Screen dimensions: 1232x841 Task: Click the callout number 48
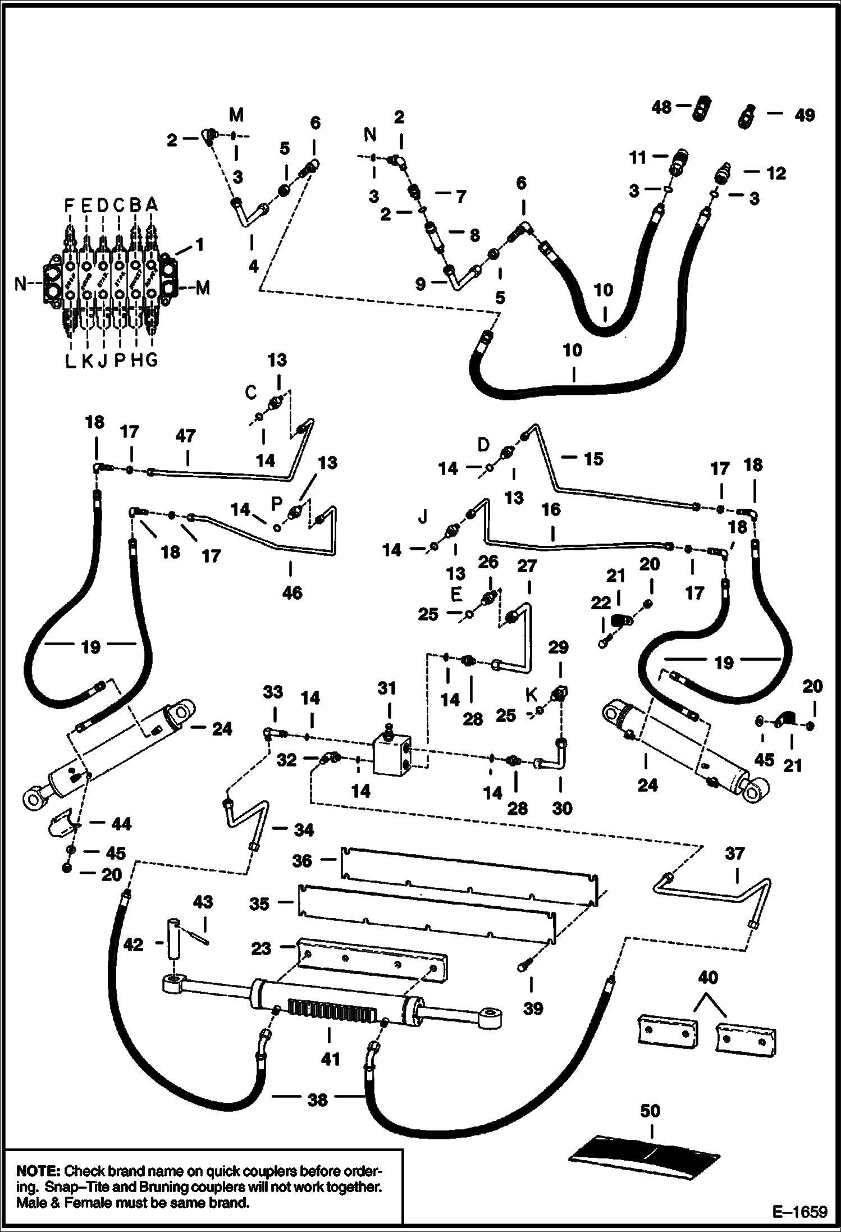[662, 107]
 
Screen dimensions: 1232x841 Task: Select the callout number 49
[805, 115]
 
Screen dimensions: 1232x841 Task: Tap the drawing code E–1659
[799, 1212]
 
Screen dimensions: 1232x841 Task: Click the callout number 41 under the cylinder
[331, 1059]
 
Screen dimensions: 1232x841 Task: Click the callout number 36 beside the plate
[302, 860]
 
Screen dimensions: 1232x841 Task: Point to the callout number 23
[261, 948]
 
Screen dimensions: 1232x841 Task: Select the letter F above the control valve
[68, 206]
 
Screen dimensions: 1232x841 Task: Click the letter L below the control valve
[70, 362]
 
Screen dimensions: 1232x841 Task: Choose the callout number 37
[734, 854]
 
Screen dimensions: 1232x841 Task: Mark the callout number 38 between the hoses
[317, 1099]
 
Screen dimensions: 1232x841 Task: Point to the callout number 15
[593, 459]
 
